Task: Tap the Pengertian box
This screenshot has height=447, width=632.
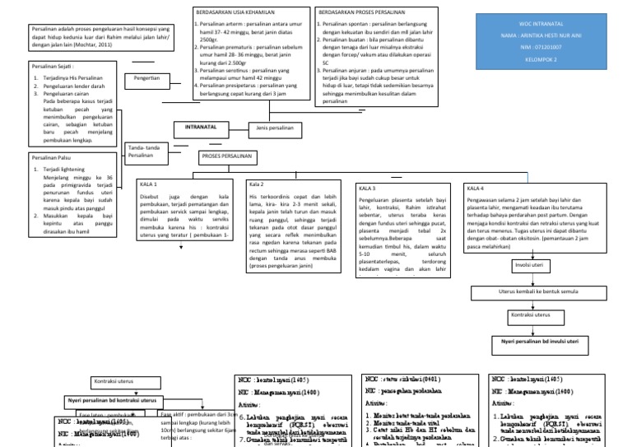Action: [141, 78]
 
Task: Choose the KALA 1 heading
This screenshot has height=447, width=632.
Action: [150, 184]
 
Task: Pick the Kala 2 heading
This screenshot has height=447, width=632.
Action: [257, 184]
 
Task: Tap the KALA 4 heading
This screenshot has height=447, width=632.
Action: [476, 188]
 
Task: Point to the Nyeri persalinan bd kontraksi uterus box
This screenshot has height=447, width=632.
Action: [113, 400]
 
